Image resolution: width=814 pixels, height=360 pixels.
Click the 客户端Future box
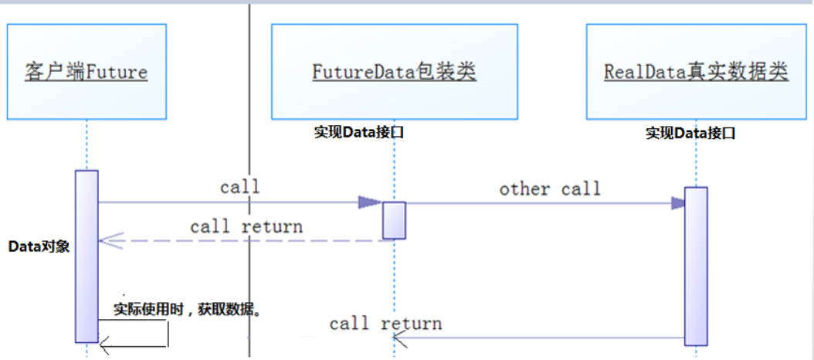pyautogui.click(x=86, y=72)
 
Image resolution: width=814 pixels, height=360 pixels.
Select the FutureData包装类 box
pyautogui.click(x=394, y=72)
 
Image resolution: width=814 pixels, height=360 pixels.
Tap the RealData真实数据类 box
pyautogui.click(x=696, y=72)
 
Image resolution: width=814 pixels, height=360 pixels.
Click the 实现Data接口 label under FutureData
pyautogui.click(x=359, y=132)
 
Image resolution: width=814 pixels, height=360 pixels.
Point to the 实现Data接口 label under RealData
pyautogui.click(x=690, y=133)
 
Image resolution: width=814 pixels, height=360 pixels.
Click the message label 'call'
pyautogui.click(x=239, y=187)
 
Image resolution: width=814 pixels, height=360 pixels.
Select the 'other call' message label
pyautogui.click(x=549, y=188)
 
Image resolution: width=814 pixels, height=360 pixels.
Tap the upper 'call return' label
pyautogui.click(x=246, y=226)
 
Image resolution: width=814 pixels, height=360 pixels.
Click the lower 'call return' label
pyautogui.click(x=385, y=323)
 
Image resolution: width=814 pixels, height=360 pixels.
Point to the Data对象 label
pyautogui.click(x=39, y=246)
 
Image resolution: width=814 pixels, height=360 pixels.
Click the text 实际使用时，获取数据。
pyautogui.click(x=188, y=310)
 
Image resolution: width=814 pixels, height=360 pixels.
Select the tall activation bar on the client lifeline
pyautogui.click(x=86, y=255)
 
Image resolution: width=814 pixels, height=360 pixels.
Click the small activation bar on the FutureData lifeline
pyautogui.click(x=395, y=220)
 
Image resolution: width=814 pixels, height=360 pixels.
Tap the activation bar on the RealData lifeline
pyautogui.click(x=695, y=265)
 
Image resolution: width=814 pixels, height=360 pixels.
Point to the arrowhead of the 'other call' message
pyautogui.click(x=678, y=203)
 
